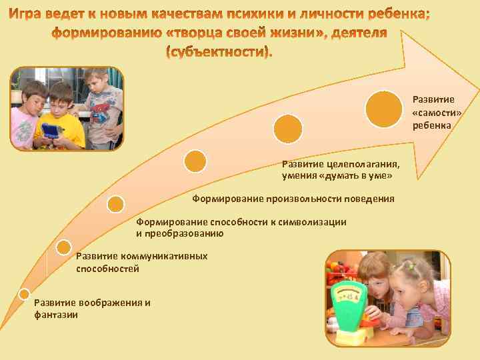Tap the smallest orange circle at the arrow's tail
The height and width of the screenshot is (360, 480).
(x=24, y=293)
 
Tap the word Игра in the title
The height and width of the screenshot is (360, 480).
(x=31, y=15)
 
